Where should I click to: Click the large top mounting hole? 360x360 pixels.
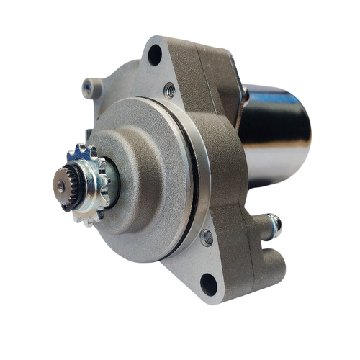(154, 55)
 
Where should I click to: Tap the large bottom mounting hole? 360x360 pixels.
(208, 284)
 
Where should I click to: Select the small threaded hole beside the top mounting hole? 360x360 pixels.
(170, 89)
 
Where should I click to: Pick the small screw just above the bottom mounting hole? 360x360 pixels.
(207, 237)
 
